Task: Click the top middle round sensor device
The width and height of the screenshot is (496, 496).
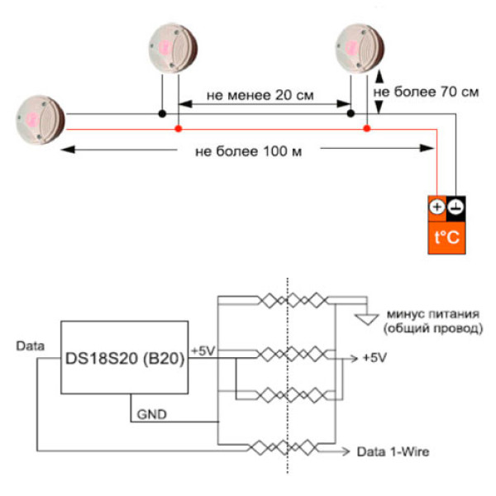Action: tap(175, 48)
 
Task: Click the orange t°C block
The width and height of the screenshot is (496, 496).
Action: tap(446, 239)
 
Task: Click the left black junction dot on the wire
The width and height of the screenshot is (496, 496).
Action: tap(164, 113)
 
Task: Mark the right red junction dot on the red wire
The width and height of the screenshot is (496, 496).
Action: tap(367, 130)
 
